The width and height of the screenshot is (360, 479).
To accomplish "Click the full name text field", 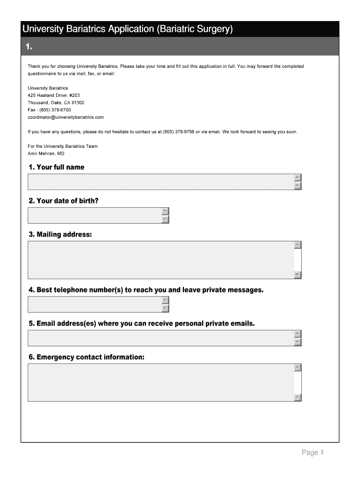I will coord(161,182).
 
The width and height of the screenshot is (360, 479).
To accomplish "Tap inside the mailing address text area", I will coord(161,260).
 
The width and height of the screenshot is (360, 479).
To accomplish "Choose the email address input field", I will coord(161,338).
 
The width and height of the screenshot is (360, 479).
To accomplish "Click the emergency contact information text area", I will coord(161,383).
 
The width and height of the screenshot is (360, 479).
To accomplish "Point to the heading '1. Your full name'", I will coord(56,167).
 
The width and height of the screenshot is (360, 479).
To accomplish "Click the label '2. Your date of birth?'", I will coord(63,201).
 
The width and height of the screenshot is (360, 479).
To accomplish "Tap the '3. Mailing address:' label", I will coord(60,234).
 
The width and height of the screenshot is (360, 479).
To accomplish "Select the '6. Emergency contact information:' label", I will coord(86,357).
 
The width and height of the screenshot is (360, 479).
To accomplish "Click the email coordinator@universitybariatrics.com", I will coord(65,117).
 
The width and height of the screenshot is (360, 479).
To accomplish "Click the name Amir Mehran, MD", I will coord(46,153).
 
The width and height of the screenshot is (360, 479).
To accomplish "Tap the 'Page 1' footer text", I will coord(312,452).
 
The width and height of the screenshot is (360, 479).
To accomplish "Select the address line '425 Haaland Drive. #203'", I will coord(54,95).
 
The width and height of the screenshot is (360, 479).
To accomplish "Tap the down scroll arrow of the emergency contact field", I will coord(298,398).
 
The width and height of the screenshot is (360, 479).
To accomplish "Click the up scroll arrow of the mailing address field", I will coord(298,245).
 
